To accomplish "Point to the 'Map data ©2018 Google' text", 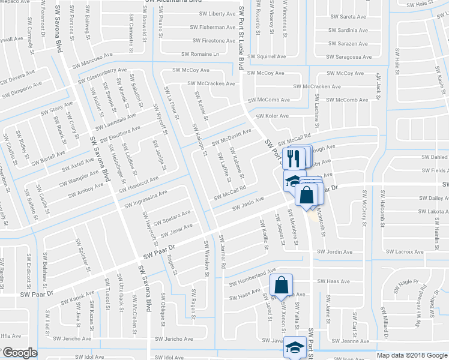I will (412, 355).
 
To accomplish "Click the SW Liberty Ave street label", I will (213, 13).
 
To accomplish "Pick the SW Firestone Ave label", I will (214, 41).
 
